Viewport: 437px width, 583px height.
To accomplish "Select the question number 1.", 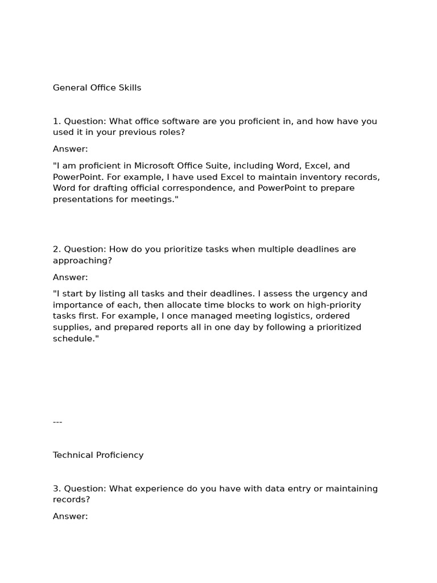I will [x=56, y=121].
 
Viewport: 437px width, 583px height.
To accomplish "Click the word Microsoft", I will [x=155, y=166].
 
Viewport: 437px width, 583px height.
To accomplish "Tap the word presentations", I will [x=81, y=199].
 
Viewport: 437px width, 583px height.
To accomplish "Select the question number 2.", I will [x=56, y=249].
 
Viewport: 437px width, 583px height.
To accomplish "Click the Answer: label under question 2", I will [x=71, y=277].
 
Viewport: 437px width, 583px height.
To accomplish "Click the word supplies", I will [x=72, y=327].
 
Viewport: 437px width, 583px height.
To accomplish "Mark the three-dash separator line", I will [x=57, y=422].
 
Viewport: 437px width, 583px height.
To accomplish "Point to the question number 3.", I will [x=56, y=488].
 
